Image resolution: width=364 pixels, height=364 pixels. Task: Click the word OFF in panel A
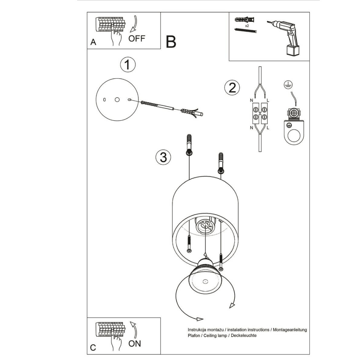(x=136, y=38)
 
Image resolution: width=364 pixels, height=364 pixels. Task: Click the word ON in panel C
(x=135, y=343)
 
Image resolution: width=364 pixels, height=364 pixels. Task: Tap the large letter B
(x=171, y=42)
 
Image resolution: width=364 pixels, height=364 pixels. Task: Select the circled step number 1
(x=128, y=65)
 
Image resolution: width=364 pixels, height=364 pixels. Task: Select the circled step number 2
(x=232, y=88)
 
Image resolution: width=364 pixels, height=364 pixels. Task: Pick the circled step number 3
(x=163, y=157)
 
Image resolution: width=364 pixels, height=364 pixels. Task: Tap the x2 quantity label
(x=247, y=26)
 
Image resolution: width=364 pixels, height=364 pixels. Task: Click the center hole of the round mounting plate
(x=117, y=100)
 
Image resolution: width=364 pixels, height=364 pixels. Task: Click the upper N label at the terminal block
(x=251, y=100)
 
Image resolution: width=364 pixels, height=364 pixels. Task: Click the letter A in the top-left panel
(x=93, y=42)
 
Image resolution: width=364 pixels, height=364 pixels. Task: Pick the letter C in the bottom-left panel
(x=93, y=347)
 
